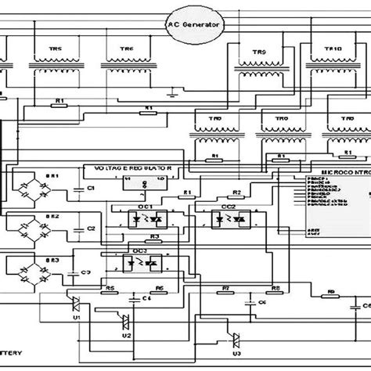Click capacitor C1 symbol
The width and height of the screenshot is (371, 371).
tap(77, 189)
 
